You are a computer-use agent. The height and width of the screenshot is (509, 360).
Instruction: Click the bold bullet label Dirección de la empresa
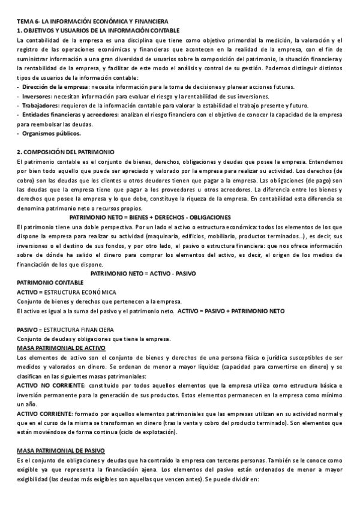coord(54,87)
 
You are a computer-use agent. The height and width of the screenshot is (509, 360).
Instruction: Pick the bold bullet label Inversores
coord(37,97)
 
